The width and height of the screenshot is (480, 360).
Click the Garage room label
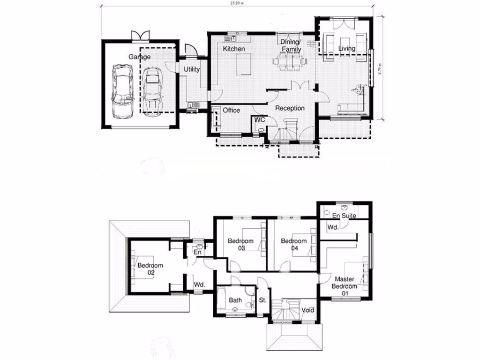140,57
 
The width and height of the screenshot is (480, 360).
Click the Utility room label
192,69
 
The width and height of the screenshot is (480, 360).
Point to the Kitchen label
233,49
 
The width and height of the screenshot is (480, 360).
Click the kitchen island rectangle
245,64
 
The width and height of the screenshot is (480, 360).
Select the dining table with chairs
291,61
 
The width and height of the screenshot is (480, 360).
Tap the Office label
231,110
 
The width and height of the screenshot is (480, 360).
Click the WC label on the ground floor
260,120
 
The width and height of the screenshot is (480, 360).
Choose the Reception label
290,108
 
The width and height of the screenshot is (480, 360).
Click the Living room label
347,48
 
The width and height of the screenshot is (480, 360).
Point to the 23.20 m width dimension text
237,3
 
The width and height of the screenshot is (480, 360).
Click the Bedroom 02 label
150,269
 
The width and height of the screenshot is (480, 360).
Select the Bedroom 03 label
240,245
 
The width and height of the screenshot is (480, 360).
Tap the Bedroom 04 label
293,245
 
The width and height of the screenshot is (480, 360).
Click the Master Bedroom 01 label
345,286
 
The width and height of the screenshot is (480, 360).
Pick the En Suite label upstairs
345,216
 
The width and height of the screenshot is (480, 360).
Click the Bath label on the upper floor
235,300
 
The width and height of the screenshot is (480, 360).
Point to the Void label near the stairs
308,310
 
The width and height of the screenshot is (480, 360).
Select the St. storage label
262,300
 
